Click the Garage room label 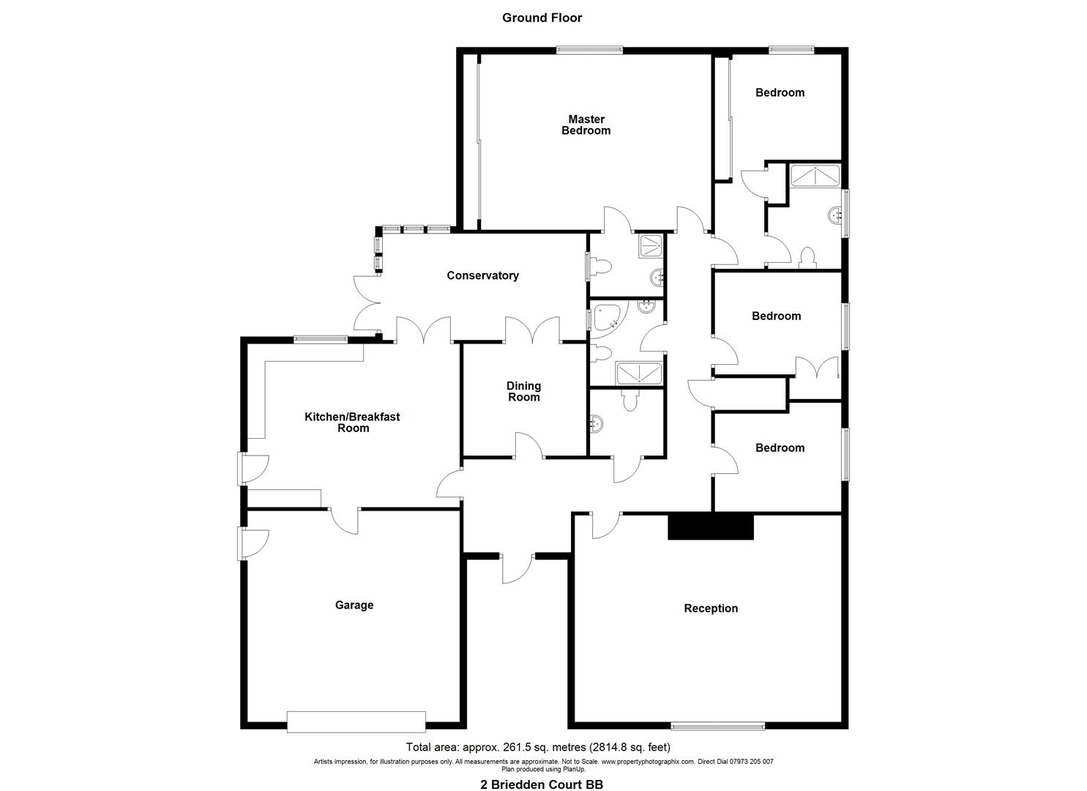point(354,605)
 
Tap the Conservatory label point(482,275)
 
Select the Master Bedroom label point(586,125)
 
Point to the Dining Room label point(523,391)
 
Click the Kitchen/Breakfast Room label point(352,422)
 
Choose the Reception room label point(710,608)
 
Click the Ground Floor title point(542,18)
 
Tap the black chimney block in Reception point(710,527)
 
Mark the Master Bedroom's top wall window point(589,50)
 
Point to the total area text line point(538,747)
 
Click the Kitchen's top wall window point(320,338)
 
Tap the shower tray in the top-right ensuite point(815,175)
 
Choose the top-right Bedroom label point(780,92)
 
